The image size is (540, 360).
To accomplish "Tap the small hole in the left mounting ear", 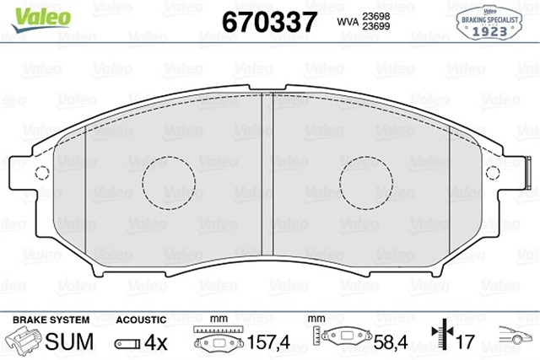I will click(x=39, y=175).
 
